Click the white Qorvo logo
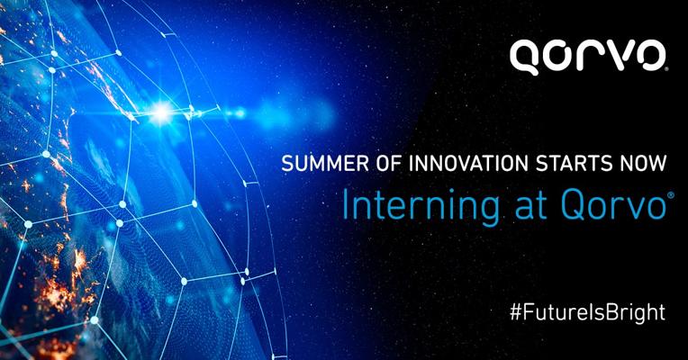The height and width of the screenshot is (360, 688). point(588,57)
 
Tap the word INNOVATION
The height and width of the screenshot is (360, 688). point(468,164)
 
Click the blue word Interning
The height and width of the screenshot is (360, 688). point(421,206)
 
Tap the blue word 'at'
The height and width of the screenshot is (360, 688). point(530,207)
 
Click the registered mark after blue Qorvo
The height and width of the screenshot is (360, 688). point(669,196)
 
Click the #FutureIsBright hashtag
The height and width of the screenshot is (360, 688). point(587,312)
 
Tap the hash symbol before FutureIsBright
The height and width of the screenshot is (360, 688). point(516,312)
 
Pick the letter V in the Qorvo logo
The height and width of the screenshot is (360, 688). point(611,55)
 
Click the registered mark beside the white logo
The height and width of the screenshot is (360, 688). point(666,68)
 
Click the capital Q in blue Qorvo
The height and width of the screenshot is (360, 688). point(574,206)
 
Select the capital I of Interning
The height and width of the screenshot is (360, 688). point(345,206)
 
